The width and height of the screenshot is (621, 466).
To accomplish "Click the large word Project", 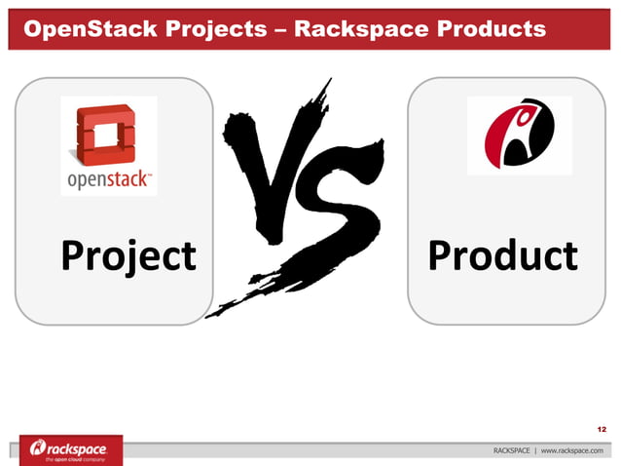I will pyautogui.click(x=128, y=256).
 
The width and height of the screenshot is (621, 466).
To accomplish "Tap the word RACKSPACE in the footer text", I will pyautogui.click(x=512, y=450).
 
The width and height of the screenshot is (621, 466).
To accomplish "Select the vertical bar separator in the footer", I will pyautogui.click(x=534, y=450).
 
